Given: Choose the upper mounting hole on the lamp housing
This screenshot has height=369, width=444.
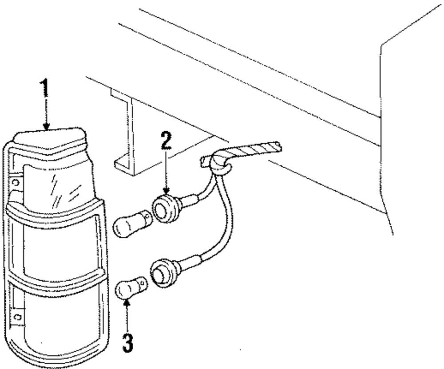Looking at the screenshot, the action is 16,182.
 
